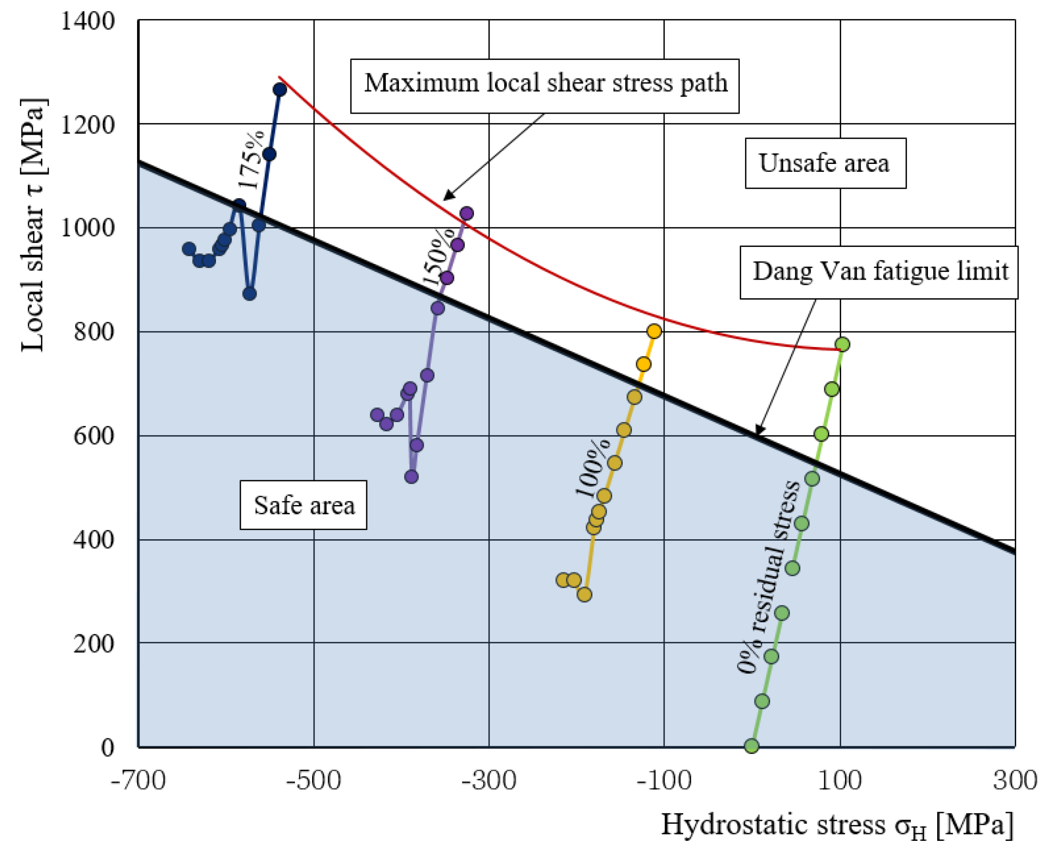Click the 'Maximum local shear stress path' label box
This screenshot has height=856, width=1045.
point(544,86)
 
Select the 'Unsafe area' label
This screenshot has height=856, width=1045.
point(825,163)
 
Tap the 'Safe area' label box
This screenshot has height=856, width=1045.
point(303,505)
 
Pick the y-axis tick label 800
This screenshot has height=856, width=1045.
point(94,332)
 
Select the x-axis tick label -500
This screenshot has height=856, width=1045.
point(314,780)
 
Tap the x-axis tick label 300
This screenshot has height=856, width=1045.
point(1015,780)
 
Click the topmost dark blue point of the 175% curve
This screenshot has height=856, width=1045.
point(280,90)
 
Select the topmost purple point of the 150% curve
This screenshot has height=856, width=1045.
point(467,213)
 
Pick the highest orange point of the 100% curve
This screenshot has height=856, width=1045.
point(654,331)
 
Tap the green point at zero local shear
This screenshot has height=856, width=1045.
point(751,746)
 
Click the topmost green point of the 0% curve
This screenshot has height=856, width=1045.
point(843,344)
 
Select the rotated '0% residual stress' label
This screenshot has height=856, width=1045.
point(769,577)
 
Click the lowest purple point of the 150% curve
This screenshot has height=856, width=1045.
point(412,477)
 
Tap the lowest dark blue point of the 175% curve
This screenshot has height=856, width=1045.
point(250,294)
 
